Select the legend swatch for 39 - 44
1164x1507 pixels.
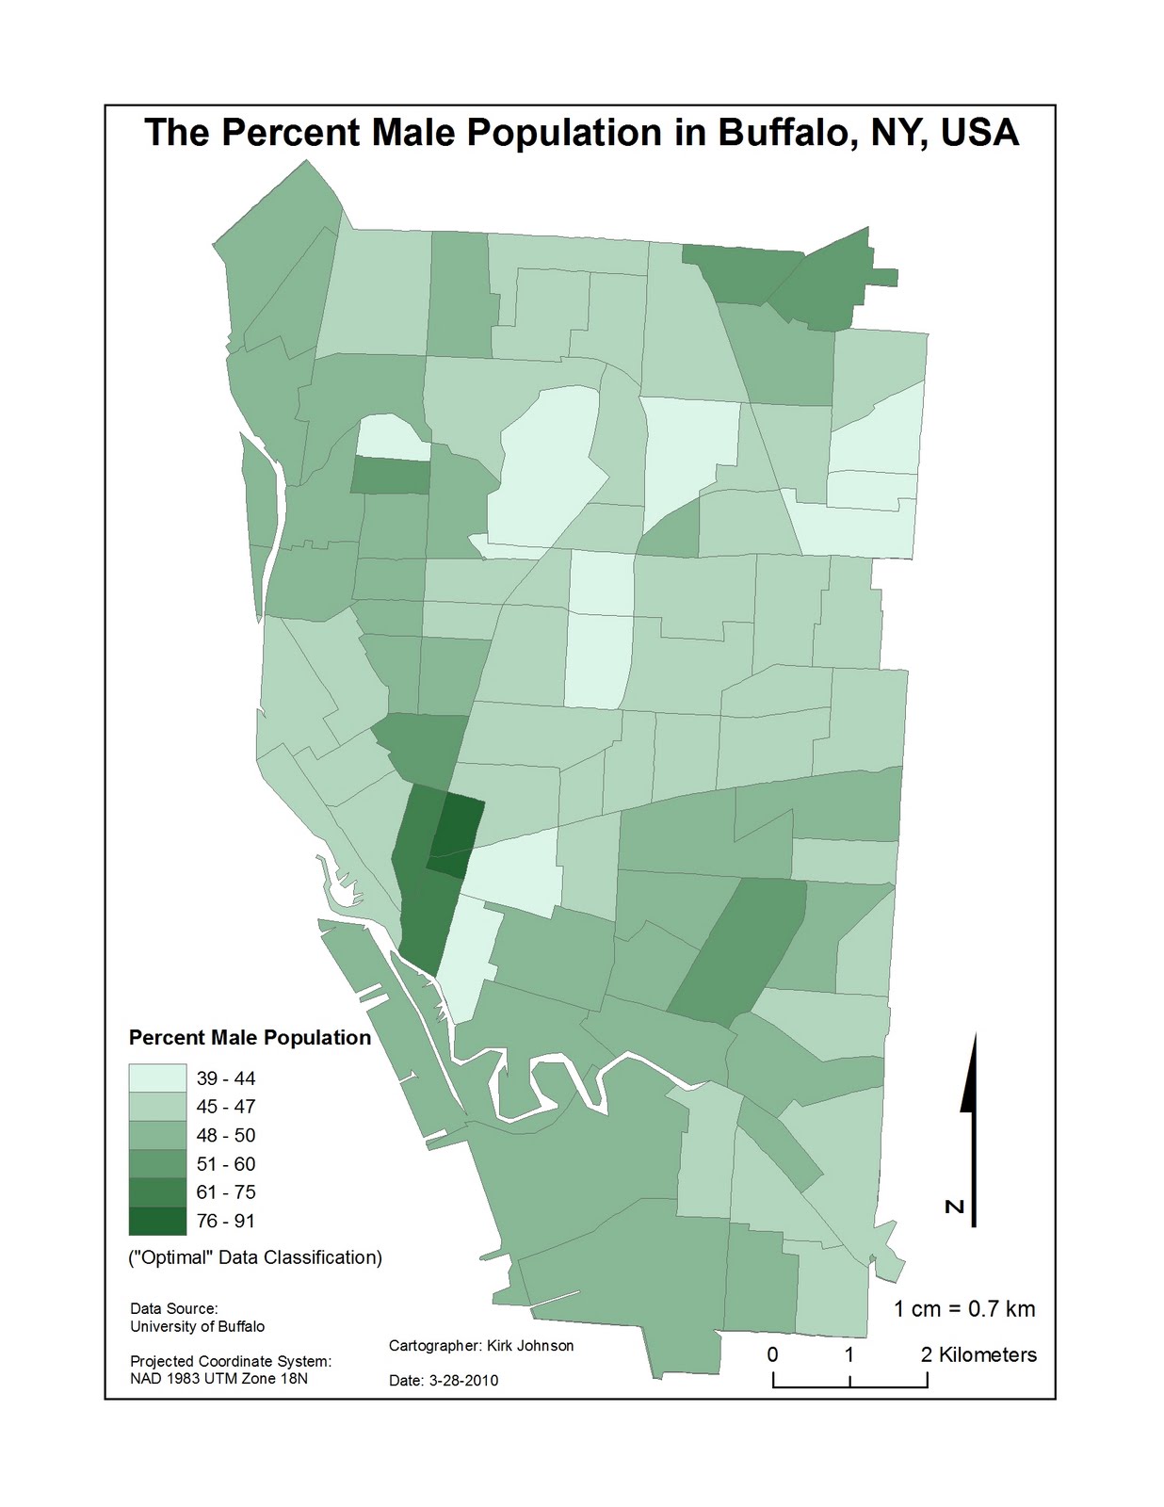157,1078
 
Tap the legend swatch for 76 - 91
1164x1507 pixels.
157,1221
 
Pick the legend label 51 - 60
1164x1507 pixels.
225,1164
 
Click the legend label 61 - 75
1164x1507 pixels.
225,1192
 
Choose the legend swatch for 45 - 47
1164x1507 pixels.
157,1107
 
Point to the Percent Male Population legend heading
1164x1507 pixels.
250,1038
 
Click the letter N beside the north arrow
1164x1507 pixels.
954,1207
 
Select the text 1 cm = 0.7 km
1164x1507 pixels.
963,1308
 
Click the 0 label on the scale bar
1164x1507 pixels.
773,1355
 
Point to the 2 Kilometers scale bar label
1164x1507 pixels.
978,1355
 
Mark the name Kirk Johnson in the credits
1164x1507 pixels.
530,1346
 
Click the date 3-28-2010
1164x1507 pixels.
462,1381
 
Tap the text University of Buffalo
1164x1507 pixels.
197,1326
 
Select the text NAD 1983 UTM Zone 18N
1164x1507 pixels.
218,1379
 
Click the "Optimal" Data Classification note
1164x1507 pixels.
255,1257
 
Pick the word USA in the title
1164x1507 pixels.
979,133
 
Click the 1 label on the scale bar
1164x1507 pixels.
849,1355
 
